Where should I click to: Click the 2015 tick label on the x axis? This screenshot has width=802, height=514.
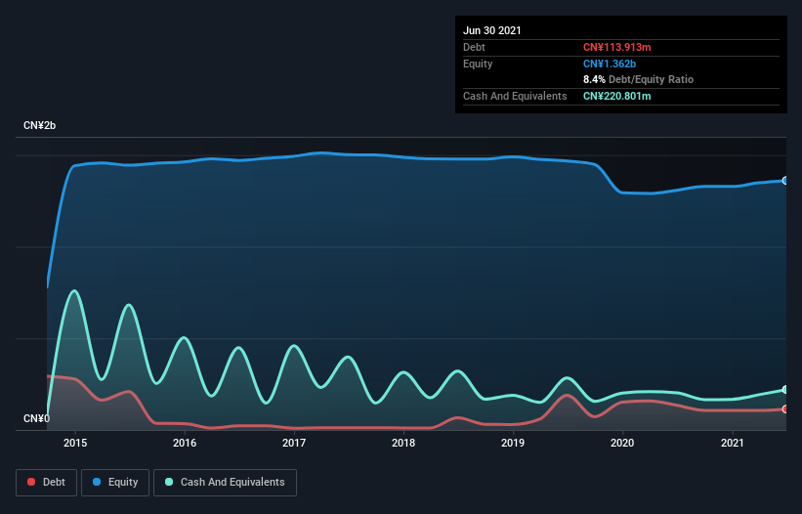[x=75, y=443]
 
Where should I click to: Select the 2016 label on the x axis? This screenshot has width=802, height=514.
[x=185, y=443]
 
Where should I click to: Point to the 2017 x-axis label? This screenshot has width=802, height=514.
[x=294, y=443]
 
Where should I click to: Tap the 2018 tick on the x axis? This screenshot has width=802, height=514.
[x=403, y=443]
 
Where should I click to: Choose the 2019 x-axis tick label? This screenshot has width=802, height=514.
[x=513, y=443]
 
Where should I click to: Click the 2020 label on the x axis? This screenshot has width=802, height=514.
[x=622, y=443]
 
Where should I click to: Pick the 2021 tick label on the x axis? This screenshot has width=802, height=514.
[x=732, y=443]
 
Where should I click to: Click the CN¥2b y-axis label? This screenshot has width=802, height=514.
[x=40, y=126]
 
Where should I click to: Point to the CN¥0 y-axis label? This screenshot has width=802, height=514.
[x=35, y=418]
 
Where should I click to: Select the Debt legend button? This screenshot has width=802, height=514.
[x=46, y=482]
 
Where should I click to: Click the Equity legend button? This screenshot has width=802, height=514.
[x=115, y=482]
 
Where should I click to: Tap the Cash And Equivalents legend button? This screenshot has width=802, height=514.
[x=225, y=482]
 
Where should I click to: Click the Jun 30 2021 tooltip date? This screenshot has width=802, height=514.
[x=492, y=30]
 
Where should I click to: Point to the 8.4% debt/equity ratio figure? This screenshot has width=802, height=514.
[x=594, y=79]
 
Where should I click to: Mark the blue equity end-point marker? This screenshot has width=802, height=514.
[x=784, y=181]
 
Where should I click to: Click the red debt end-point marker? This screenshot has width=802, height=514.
[x=784, y=409]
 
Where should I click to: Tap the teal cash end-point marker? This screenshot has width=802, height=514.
[x=784, y=390]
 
